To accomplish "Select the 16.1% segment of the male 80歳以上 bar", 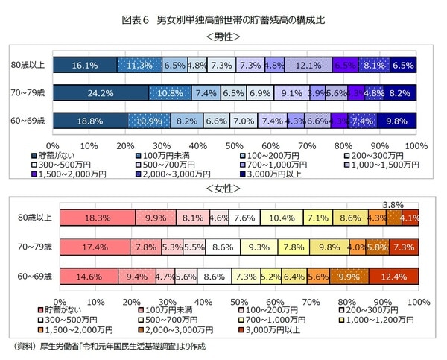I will tap(85, 66).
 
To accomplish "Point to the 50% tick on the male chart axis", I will tap(234, 145).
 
